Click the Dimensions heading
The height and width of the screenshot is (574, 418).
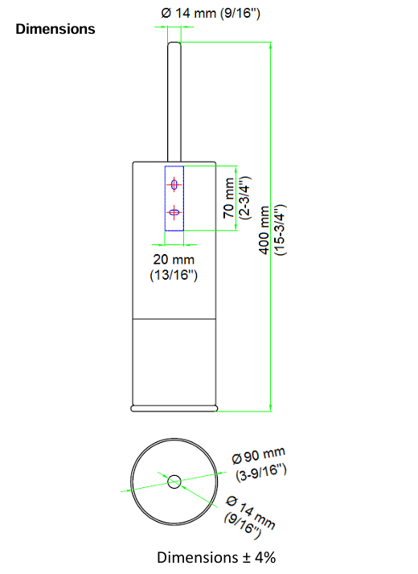[x=55, y=29]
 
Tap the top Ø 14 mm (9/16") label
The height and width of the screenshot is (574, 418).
[x=211, y=13]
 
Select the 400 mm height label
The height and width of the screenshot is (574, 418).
[x=264, y=230]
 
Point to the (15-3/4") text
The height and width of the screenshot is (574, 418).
[x=281, y=230]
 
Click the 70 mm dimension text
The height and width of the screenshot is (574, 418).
[x=228, y=198]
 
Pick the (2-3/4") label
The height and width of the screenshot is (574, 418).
[x=244, y=198]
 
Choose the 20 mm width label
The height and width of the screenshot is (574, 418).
[x=174, y=259]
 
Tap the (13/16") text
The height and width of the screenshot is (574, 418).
[x=174, y=275]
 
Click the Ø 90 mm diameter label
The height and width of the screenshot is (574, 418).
[x=258, y=455]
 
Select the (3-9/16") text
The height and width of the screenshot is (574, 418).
[x=261, y=472]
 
